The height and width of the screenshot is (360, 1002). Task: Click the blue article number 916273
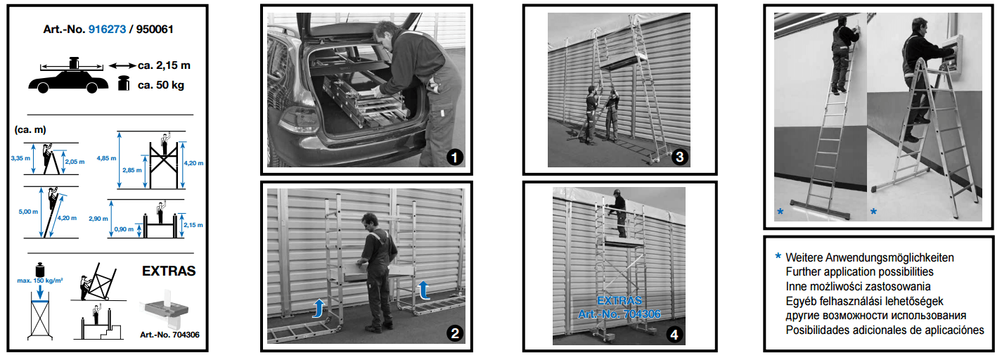tap(108, 30)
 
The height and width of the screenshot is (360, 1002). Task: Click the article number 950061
tap(155, 30)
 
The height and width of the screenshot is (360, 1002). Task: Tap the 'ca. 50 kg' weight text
tap(161, 85)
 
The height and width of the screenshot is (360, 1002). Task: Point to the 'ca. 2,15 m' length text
tap(164, 65)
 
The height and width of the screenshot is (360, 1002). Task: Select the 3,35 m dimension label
tap(20, 158)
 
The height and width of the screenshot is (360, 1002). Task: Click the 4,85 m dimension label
tap(106, 158)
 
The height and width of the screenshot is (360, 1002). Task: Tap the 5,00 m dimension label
tap(28, 212)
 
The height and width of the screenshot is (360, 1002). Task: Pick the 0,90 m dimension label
tap(124, 229)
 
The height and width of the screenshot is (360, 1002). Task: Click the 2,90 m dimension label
tap(98, 219)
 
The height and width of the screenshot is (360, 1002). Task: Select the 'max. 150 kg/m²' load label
tap(40, 281)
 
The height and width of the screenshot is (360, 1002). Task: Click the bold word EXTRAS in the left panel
tap(169, 271)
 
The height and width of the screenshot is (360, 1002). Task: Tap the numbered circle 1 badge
tap(455, 157)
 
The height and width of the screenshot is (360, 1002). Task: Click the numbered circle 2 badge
tap(455, 333)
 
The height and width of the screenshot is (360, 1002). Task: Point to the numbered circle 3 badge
tap(679, 157)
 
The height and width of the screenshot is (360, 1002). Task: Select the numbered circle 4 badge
tap(674, 335)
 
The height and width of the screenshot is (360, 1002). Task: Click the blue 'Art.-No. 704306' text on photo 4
tap(619, 314)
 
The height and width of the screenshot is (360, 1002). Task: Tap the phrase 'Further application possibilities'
tap(860, 272)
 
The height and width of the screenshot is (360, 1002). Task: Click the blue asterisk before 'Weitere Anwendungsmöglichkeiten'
tap(778, 256)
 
